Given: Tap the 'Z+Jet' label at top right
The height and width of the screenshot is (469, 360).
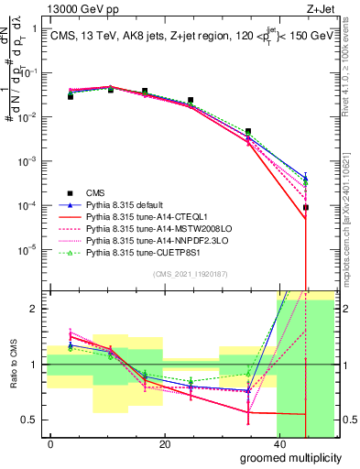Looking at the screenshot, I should click(320, 8).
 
